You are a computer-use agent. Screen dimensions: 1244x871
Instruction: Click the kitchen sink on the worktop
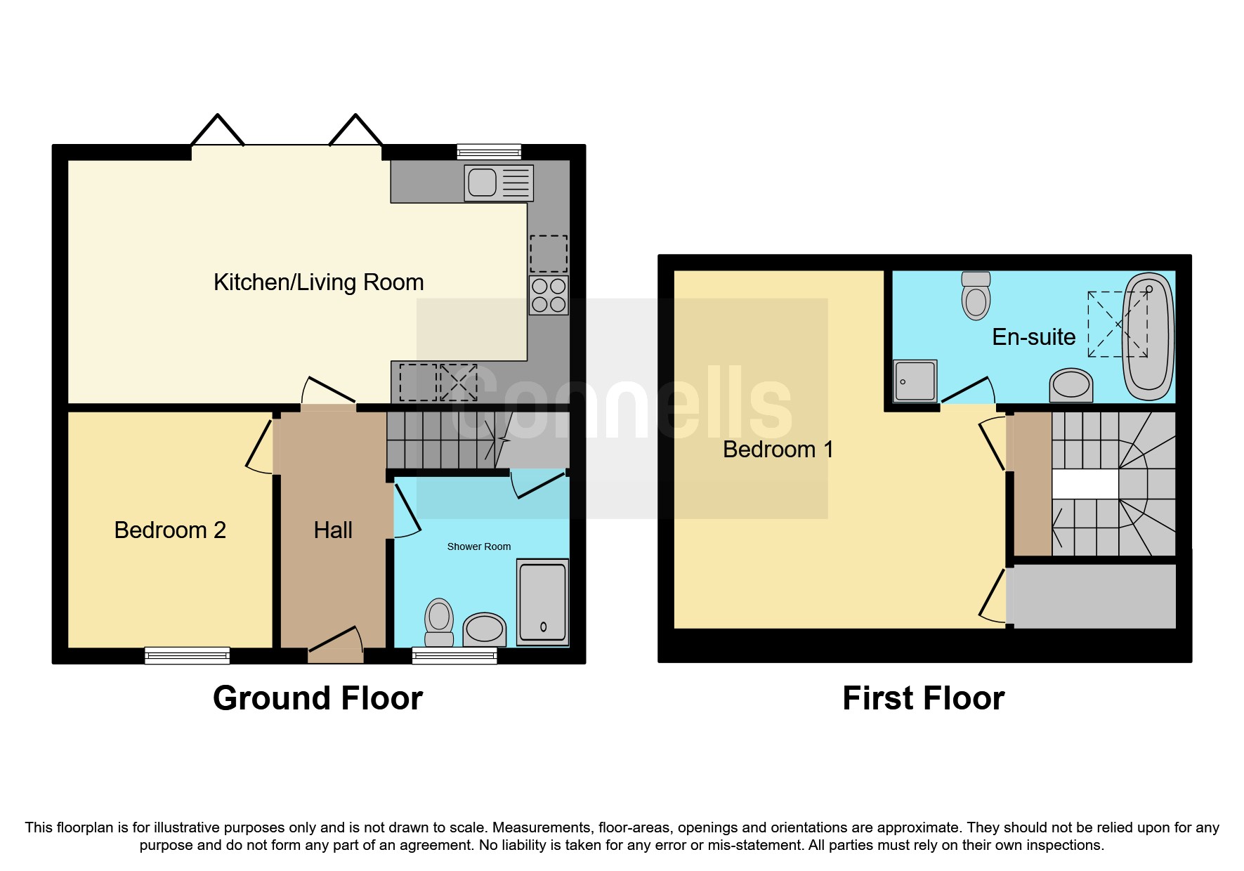point(499,183)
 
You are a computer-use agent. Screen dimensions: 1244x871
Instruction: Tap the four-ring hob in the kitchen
point(549,295)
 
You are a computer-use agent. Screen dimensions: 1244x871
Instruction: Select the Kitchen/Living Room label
point(319,282)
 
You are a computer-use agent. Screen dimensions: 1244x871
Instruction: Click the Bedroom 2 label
point(170,530)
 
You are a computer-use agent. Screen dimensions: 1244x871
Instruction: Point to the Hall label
point(333,530)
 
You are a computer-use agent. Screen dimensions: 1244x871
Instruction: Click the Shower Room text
point(479,546)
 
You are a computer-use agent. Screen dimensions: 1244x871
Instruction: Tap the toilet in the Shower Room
point(440,622)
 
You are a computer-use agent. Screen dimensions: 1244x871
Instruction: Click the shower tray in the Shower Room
point(542,602)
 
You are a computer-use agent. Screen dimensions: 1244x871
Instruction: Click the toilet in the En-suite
point(976,296)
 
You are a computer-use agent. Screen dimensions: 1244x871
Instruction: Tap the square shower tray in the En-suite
point(915,381)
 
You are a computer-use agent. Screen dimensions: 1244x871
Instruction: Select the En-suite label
point(1034,337)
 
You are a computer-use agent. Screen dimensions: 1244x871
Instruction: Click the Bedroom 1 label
point(778,449)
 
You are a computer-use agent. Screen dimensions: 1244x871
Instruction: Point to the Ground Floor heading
point(318,698)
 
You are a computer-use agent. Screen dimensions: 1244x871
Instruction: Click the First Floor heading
point(924,698)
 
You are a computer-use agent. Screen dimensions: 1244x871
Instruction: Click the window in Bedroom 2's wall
point(188,655)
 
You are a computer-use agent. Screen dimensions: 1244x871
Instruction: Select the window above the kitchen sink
point(489,152)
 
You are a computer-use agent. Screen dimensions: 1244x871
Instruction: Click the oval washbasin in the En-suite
point(1071,385)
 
